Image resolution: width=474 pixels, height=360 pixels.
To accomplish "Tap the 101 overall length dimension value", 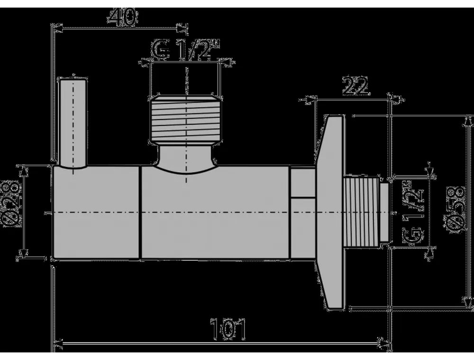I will click(228, 329).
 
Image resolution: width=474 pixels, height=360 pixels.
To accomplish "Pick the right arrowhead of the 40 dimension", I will click(181, 28).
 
